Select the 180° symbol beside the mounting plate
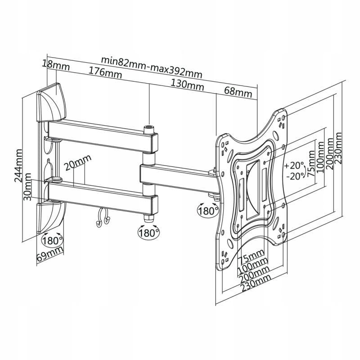click(x=208, y=210)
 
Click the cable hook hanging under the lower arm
click(x=102, y=219)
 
